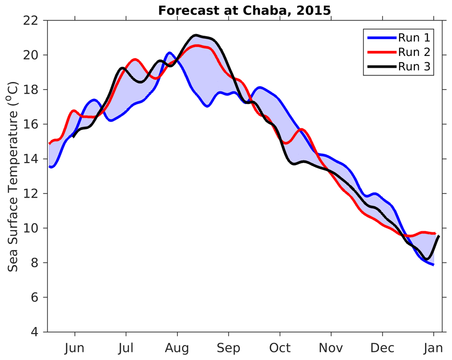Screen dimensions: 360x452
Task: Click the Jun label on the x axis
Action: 75,348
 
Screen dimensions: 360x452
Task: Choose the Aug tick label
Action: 177,348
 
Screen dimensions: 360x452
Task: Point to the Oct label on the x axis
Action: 280,348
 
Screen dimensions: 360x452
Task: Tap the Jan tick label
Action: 433,348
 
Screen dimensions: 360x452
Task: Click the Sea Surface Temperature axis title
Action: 14,177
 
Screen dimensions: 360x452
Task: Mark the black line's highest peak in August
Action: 195,35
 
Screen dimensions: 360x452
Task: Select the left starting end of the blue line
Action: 49,166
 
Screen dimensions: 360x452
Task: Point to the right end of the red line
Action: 435,233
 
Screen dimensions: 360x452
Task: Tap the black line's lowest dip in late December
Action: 427,259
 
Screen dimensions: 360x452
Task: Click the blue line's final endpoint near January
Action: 433,265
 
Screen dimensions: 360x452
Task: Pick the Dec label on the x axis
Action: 382,348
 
